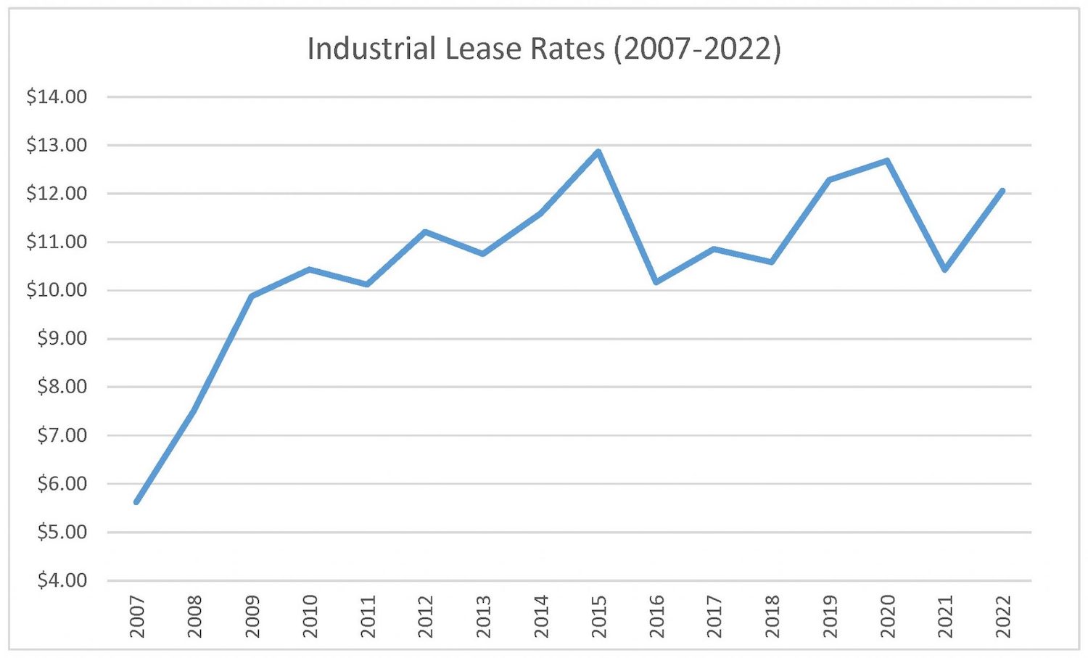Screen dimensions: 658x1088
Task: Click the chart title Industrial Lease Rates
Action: (x=544, y=49)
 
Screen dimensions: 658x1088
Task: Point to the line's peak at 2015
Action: (x=598, y=152)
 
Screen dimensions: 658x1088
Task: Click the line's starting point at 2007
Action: (x=136, y=501)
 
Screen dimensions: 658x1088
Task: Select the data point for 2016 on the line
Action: (x=656, y=281)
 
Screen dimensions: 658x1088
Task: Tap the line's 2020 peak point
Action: (x=887, y=161)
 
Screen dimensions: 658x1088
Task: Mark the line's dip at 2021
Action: (x=945, y=269)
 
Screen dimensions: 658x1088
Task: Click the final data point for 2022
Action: (x=1002, y=191)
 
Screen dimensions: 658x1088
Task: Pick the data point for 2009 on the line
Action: (x=252, y=296)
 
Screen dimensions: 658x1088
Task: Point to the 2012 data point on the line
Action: (x=425, y=232)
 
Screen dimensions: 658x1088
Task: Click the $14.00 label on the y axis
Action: (x=57, y=96)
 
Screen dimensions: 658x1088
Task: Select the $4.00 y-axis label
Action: (x=62, y=580)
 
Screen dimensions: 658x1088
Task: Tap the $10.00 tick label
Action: (x=57, y=290)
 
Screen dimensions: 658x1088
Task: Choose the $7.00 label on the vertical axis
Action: (x=62, y=435)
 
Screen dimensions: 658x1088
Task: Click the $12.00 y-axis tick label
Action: (x=57, y=194)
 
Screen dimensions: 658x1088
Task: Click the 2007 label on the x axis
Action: (x=137, y=617)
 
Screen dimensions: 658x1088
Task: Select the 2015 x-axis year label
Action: (x=599, y=617)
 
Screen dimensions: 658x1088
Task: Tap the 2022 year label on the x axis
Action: (x=1003, y=617)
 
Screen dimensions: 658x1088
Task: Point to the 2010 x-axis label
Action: (x=310, y=617)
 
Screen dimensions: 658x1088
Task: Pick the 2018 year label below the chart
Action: (x=772, y=617)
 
